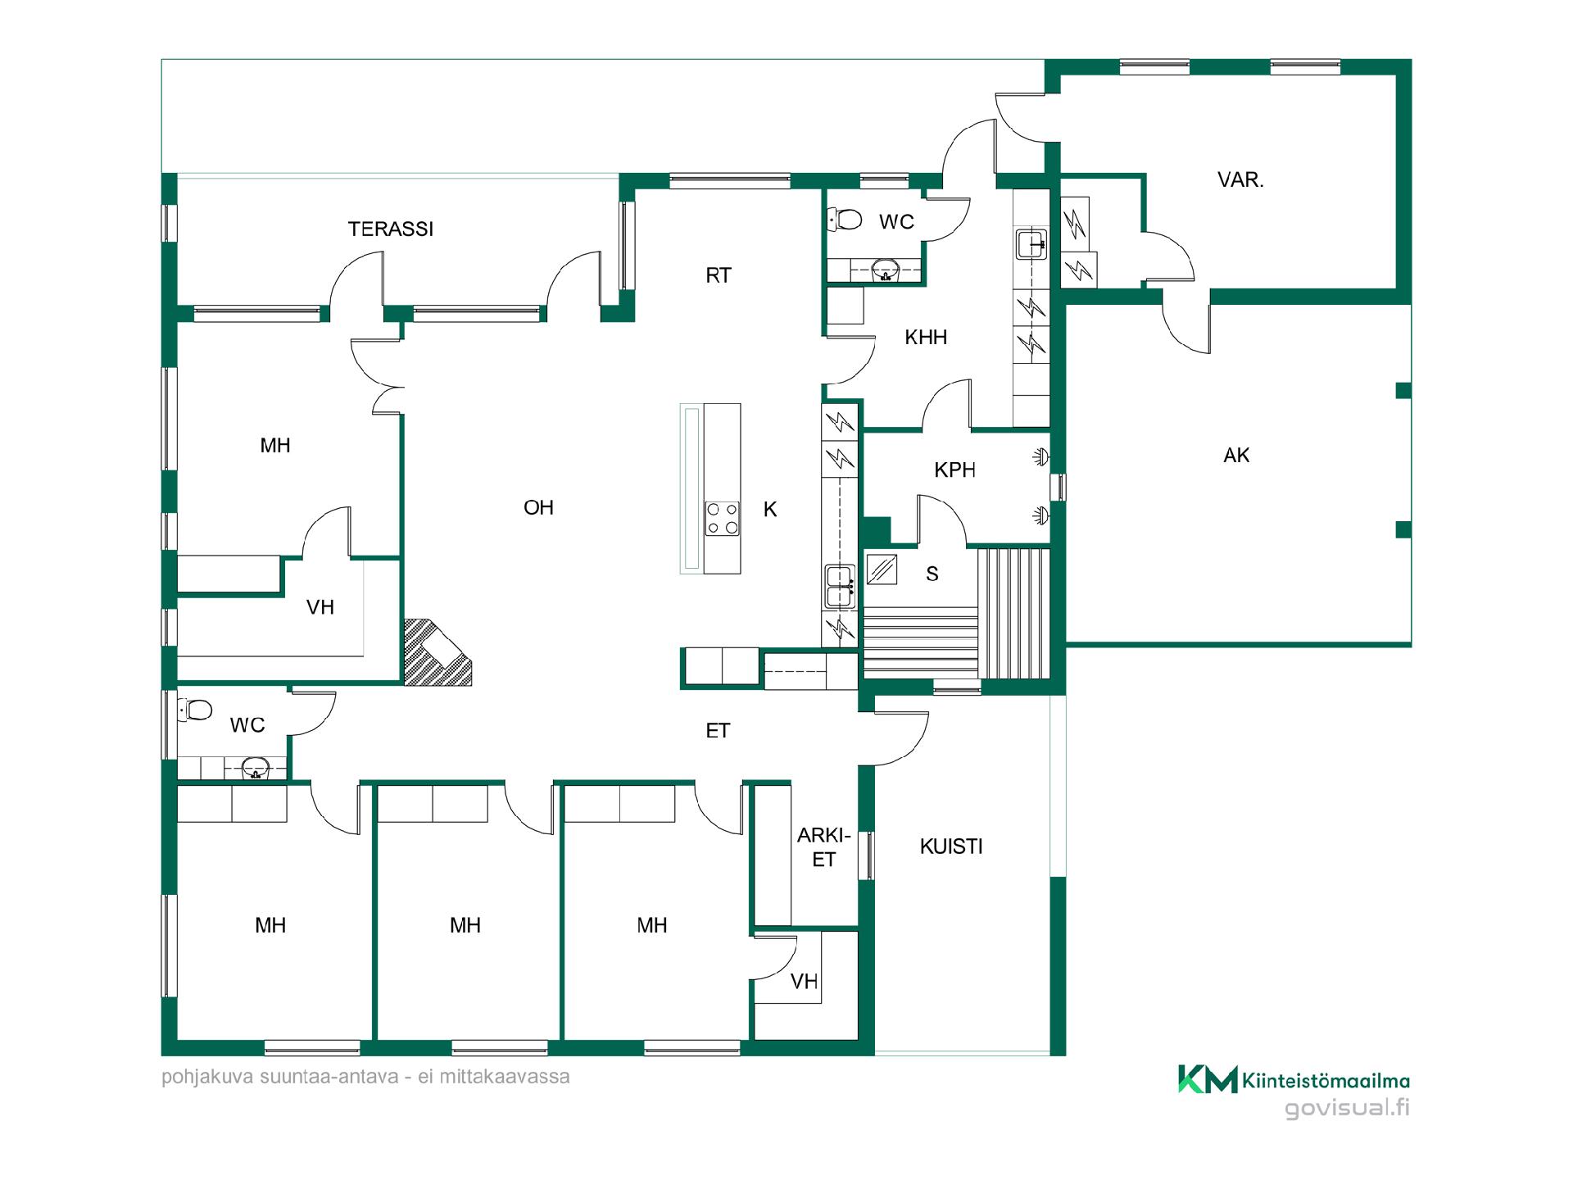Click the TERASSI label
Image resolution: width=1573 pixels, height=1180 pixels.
[x=391, y=229]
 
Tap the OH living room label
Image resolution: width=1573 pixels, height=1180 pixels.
[x=538, y=508]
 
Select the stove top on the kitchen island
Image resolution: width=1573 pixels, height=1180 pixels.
[x=723, y=518]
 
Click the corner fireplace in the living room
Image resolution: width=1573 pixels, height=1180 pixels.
[x=436, y=652]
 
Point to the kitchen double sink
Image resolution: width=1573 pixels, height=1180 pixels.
[x=840, y=586]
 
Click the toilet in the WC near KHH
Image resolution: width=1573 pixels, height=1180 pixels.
[x=845, y=220]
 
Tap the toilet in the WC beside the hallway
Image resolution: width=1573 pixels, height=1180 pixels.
[x=196, y=710]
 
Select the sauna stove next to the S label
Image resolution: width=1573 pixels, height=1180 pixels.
[x=882, y=569]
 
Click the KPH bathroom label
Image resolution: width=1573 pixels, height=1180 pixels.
[x=954, y=470]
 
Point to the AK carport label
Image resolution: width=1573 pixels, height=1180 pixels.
[x=1236, y=456]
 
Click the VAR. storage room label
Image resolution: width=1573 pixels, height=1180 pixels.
[x=1240, y=180]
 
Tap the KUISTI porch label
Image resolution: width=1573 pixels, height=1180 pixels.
[x=950, y=846]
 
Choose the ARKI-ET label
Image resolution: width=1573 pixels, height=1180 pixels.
[x=824, y=847]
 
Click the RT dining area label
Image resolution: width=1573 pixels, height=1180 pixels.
[x=718, y=276]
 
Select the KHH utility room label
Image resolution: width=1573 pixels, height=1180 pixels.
[x=926, y=337]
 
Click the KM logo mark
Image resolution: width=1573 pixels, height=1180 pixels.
[x=1208, y=1079]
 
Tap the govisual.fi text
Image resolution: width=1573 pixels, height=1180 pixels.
[x=1347, y=1109]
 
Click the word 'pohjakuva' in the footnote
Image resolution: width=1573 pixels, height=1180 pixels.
[x=209, y=1077]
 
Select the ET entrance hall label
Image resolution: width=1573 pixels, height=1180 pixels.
[x=718, y=731]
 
